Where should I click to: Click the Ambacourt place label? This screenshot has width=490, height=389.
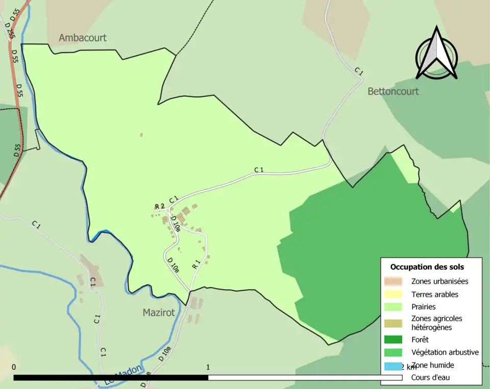click(83, 38)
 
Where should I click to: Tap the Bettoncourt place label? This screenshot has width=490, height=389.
click(393, 91)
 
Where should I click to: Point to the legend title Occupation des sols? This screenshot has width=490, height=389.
click(427, 267)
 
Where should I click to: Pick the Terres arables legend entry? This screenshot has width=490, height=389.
click(434, 294)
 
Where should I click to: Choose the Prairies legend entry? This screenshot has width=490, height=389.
click(424, 307)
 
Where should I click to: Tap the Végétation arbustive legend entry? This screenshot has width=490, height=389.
click(445, 352)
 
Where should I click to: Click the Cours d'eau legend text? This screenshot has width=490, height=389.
click(430, 378)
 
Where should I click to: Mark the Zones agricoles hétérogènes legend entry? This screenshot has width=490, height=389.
click(436, 322)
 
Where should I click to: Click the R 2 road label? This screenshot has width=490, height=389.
click(160, 206)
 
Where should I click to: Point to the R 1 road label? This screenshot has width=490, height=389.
click(197, 265)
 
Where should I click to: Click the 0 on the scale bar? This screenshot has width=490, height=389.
click(14, 367)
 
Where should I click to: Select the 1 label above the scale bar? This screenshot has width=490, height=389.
click(208, 367)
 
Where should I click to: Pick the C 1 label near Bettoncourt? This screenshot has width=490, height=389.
click(358, 72)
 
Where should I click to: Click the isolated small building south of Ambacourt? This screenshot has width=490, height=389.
click(141, 135)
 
